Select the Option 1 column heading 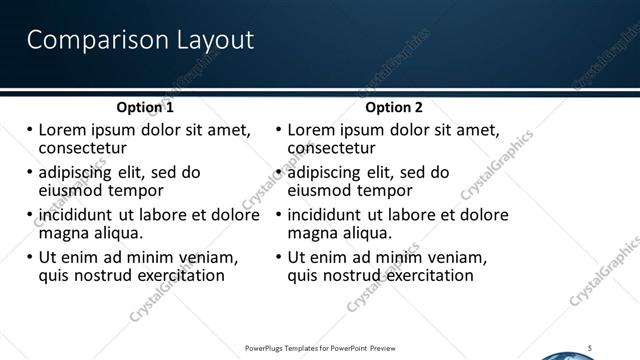click(x=145, y=107)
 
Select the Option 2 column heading click(x=394, y=107)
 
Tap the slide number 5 click(x=590, y=347)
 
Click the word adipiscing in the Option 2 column click(x=329, y=172)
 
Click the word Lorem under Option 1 click(x=61, y=130)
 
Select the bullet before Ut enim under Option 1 click(x=29, y=257)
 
